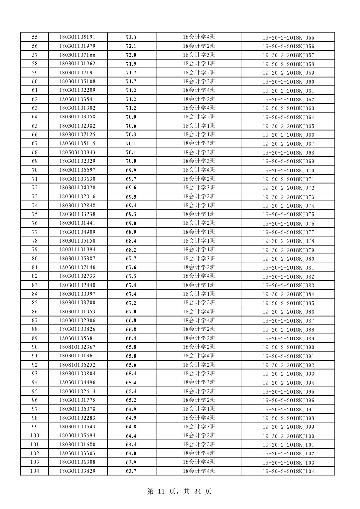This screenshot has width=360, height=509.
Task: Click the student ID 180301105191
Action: click(x=77, y=37)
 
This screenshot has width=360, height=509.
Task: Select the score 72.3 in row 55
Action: click(x=131, y=37)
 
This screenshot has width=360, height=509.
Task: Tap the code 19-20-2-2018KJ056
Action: click(x=288, y=47)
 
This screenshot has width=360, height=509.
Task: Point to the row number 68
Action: click(x=35, y=152)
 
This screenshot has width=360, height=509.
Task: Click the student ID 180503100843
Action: click(x=77, y=152)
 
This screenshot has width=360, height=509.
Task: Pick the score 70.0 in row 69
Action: click(x=131, y=161)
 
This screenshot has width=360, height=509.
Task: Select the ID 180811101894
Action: click(x=77, y=250)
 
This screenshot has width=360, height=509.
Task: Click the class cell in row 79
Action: click(x=199, y=250)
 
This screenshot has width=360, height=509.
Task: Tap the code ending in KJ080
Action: click(x=288, y=259)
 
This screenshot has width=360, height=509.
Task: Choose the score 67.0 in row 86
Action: click(x=131, y=312)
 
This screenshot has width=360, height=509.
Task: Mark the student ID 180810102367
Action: click(x=77, y=347)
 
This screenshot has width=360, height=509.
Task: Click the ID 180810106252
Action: click(x=77, y=365)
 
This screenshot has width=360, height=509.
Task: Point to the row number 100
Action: click(x=35, y=436)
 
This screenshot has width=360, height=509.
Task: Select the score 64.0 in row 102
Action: click(x=131, y=453)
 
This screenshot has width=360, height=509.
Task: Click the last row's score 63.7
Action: click(x=131, y=471)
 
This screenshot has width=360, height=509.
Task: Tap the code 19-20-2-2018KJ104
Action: click(x=288, y=472)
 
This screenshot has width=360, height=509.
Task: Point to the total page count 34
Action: click(x=198, y=492)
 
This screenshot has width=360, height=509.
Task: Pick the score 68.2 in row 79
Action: click(x=131, y=250)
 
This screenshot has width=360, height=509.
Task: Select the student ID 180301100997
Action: click(x=77, y=294)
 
